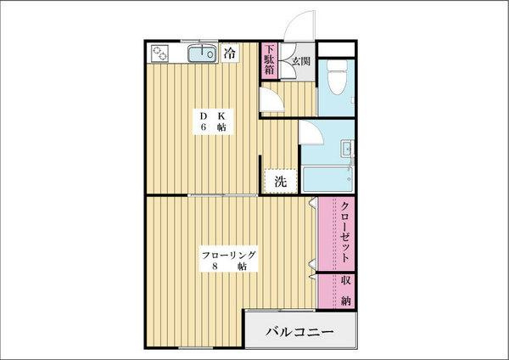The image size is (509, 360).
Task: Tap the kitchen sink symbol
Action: tap(201, 54)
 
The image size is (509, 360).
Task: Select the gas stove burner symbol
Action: tap(162, 54)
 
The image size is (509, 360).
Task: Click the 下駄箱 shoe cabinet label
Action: tap(268, 59)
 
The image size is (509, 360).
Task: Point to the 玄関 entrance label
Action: tap(299, 60)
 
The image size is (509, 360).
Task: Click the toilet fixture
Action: tap(337, 74)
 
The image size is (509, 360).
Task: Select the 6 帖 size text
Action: tap(212, 127)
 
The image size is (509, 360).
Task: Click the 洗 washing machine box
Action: tap(279, 181)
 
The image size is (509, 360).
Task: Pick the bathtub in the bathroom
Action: tap(327, 179)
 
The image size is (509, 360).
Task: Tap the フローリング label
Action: tap(228, 255)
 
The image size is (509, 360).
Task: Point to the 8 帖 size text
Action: tap(228, 267)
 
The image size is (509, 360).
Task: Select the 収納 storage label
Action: tap(347, 290)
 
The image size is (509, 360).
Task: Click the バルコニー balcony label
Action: tap(300, 331)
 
